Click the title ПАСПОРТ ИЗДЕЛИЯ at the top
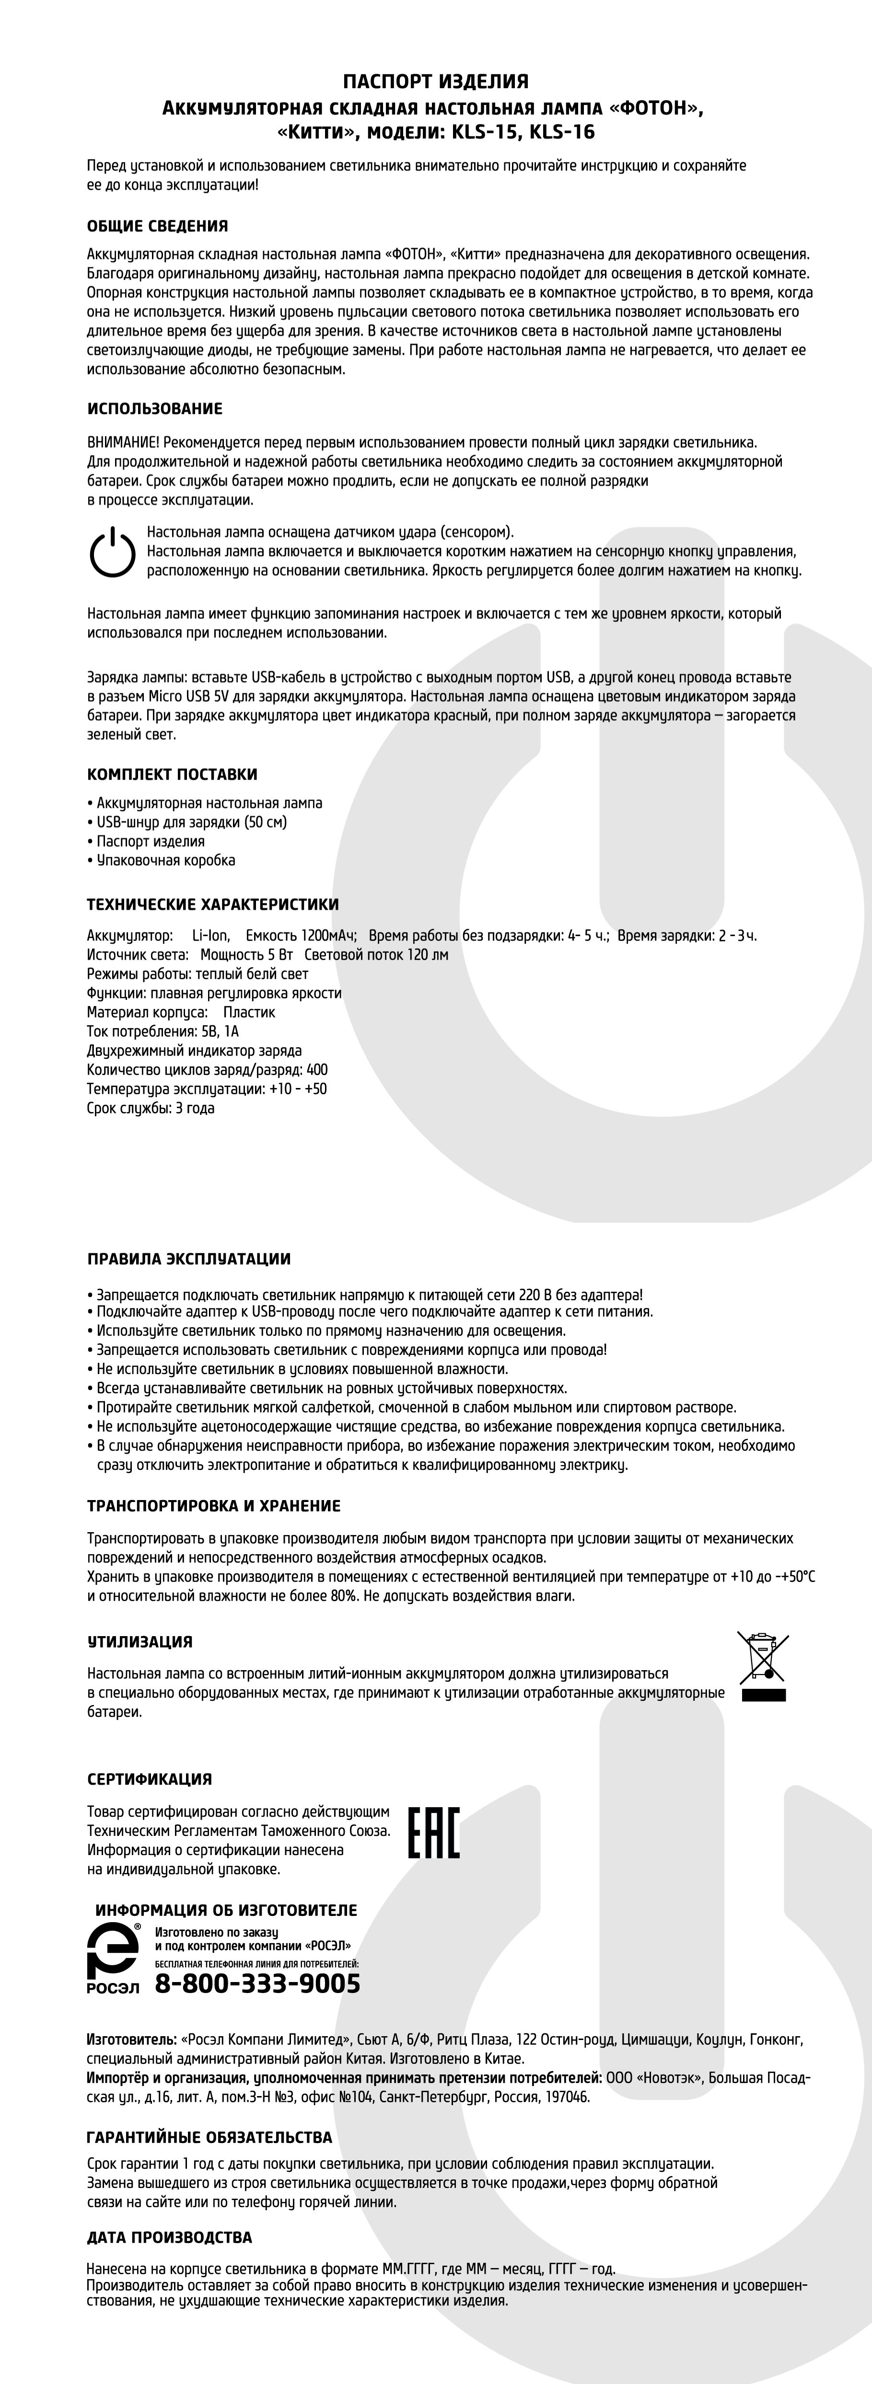436,82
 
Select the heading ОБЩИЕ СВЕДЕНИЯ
157,226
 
